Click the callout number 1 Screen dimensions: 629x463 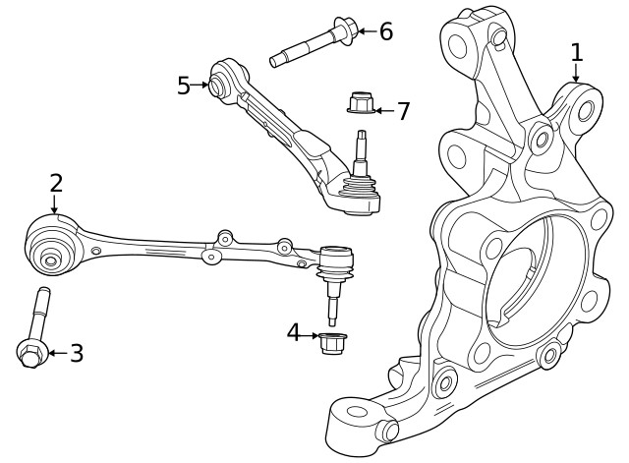tap(577, 52)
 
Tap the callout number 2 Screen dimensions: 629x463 tap(56, 183)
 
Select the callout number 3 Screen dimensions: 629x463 tap(77, 353)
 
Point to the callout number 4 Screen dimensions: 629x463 tap(294, 332)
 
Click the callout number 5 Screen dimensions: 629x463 tap(184, 86)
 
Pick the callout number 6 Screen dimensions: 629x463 tap(386, 31)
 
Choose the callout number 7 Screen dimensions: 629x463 tap(403, 111)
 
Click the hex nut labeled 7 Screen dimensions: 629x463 tap(361, 103)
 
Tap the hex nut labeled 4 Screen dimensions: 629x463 tap(332, 343)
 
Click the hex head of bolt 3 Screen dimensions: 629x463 tap(30, 354)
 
